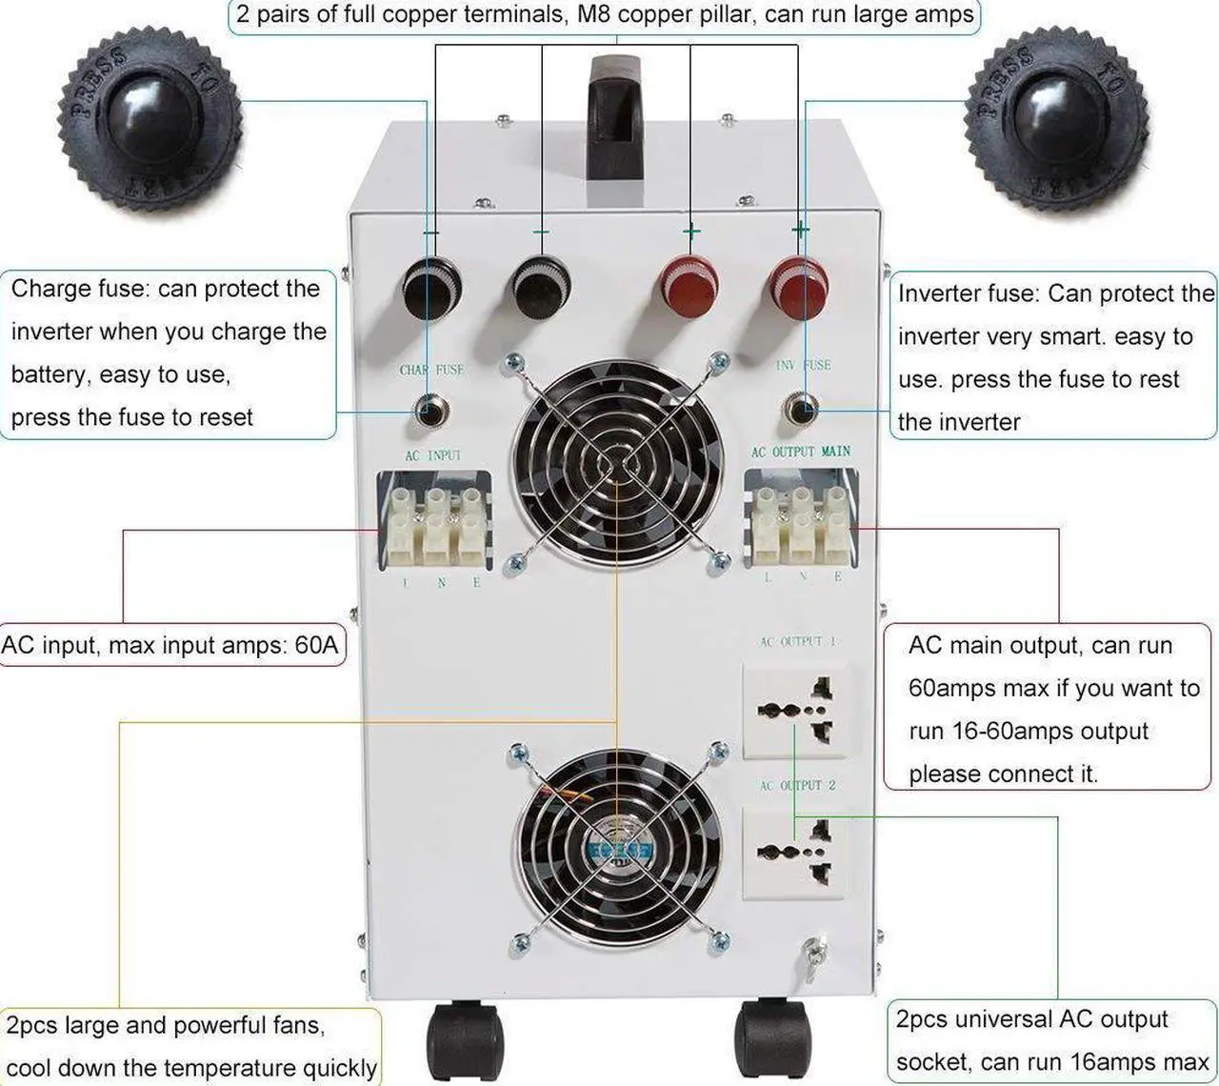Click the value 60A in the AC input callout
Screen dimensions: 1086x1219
click(x=316, y=645)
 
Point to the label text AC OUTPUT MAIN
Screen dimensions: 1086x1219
click(x=800, y=451)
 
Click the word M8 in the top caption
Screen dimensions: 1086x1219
click(x=594, y=15)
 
